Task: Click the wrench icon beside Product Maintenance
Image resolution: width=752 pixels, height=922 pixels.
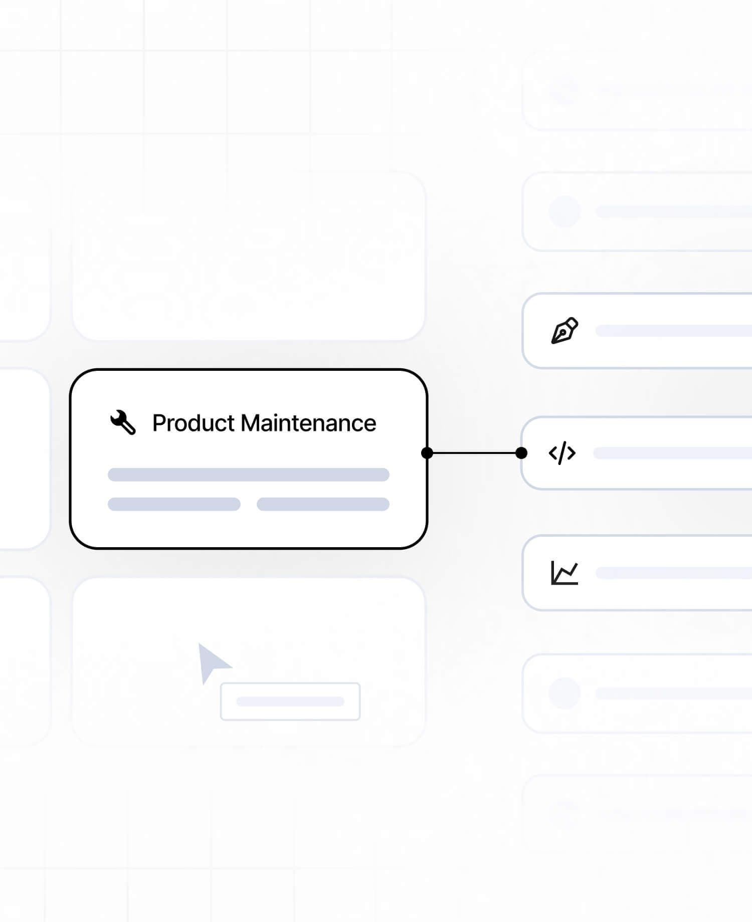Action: click(123, 422)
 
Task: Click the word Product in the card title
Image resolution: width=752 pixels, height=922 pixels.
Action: click(194, 423)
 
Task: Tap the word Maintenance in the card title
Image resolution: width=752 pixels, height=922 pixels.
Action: click(308, 423)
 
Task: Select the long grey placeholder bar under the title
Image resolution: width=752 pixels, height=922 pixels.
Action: click(249, 475)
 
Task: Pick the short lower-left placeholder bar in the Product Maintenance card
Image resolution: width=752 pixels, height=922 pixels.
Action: click(174, 504)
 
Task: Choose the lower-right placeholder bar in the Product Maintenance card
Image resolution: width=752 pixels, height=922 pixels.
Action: click(323, 504)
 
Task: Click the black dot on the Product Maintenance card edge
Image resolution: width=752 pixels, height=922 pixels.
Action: click(427, 453)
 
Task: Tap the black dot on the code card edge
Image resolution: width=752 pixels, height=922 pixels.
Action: click(521, 453)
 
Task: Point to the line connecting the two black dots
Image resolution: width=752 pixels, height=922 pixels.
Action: click(474, 453)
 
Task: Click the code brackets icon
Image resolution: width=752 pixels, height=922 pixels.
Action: click(562, 453)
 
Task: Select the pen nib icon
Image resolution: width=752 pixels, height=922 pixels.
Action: click(565, 331)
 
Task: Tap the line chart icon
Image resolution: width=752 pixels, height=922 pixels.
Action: click(565, 573)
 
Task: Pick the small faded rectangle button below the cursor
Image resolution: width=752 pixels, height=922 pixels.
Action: click(290, 702)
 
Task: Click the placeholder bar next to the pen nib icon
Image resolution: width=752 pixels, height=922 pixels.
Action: click(674, 331)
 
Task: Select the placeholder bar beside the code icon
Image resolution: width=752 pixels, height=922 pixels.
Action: click(673, 453)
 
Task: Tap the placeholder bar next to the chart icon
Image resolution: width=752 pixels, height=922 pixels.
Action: click(674, 573)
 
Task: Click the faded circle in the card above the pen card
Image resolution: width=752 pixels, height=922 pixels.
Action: click(565, 211)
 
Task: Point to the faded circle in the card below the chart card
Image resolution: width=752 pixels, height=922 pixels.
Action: click(565, 694)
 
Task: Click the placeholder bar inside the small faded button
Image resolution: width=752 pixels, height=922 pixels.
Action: click(290, 702)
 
